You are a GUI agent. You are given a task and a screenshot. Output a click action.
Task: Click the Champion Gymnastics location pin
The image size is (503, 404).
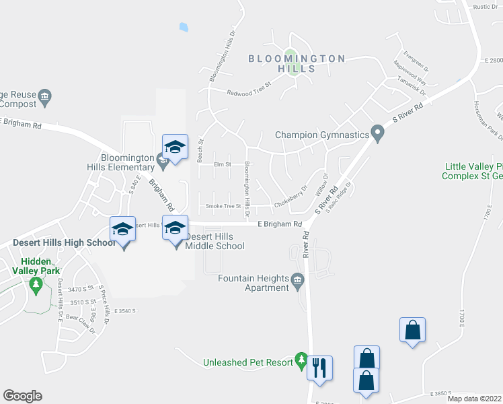tap(377, 135)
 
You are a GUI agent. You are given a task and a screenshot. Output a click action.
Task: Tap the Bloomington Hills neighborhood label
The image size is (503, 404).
tap(297, 63)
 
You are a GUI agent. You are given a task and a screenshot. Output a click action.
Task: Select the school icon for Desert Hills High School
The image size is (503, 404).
tap(122, 230)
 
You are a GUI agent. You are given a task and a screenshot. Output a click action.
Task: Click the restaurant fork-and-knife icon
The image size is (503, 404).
tap(319, 368)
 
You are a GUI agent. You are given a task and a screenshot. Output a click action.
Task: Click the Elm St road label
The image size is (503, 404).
tap(222, 164)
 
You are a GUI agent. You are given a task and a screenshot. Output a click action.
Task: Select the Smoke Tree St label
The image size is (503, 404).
tap(223, 205)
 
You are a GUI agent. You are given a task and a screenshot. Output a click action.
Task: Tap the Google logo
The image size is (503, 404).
tap(22, 396)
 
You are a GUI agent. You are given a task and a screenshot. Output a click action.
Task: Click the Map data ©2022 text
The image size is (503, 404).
tap(474, 399)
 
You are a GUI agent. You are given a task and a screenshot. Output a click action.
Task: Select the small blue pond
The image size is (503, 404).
tap(184, 28)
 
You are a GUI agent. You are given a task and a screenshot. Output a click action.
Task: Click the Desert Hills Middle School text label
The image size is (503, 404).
tap(215, 241)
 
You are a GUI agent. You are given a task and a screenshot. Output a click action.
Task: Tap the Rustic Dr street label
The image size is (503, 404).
tap(484, 7)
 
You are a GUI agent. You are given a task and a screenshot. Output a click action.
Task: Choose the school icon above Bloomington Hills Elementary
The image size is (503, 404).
tap(175, 147)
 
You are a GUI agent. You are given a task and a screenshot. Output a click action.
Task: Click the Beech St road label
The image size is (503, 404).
tap(200, 151)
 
